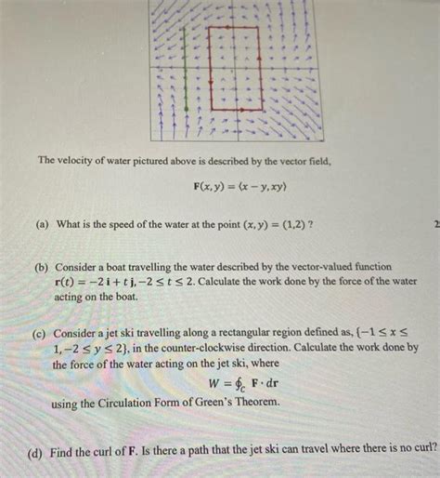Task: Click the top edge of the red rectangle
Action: coord(233,28)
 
